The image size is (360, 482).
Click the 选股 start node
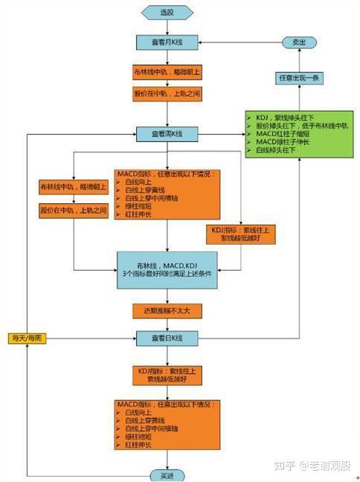[167, 13]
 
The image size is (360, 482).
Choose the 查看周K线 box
[167, 134]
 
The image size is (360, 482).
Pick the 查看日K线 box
[167, 338]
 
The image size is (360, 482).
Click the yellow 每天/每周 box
[28, 338]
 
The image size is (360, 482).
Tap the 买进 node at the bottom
[167, 474]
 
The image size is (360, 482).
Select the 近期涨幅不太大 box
[167, 309]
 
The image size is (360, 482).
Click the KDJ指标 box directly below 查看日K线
[167, 375]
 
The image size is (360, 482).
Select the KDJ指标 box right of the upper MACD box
[242, 234]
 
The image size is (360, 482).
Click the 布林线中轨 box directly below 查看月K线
[167, 72]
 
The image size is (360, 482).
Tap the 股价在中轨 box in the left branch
[74, 211]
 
